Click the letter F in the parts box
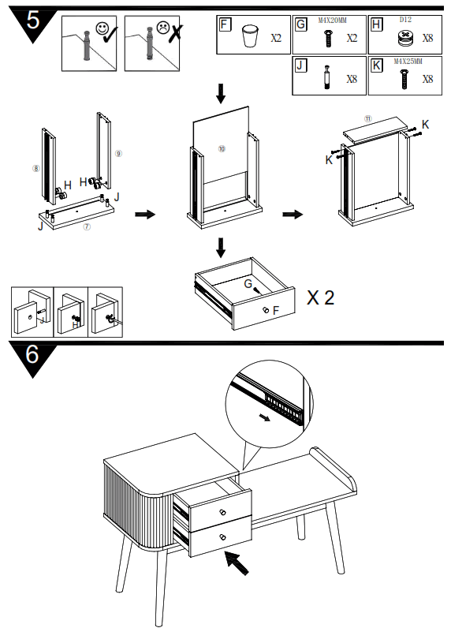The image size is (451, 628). pos(225,24)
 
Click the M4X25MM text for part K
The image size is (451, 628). pos(407,61)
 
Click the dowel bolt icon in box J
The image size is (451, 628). pos(328,77)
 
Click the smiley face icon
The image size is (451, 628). pos(102,28)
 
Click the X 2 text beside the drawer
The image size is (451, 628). pos(320,297)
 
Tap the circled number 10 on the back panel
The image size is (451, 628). pos(222,148)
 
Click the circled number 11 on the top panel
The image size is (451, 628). pos(367,118)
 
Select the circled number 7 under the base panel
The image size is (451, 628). pos(87,227)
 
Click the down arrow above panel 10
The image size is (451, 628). pos(221,93)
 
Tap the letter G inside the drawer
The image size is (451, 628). pos(248,282)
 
